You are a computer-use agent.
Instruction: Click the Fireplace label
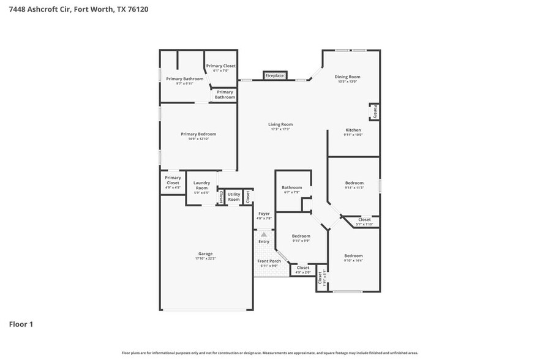coord(274,75)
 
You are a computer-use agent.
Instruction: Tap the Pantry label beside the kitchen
coord(375,111)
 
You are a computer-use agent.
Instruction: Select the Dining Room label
coord(347,77)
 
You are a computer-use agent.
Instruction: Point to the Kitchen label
coord(353,130)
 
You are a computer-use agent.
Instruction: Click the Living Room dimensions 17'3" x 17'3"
coord(280,129)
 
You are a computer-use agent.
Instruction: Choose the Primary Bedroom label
coord(198,134)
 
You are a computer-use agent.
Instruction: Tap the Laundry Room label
coord(201,185)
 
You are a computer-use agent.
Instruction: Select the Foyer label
coord(263,214)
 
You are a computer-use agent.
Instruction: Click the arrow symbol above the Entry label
coord(264,234)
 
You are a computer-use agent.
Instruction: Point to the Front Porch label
coord(269,261)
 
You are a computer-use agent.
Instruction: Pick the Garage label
coord(205,253)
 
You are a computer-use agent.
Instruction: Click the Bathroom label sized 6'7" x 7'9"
coord(291,187)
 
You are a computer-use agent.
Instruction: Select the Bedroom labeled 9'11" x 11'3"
coord(354,183)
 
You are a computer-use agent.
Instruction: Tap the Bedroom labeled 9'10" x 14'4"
coord(353,256)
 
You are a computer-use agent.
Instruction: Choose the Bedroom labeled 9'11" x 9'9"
coord(301,236)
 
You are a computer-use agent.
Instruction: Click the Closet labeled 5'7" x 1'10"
coord(364,219)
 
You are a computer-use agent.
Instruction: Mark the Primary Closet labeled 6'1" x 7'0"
coord(220,66)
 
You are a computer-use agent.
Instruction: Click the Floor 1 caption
coord(21,324)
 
